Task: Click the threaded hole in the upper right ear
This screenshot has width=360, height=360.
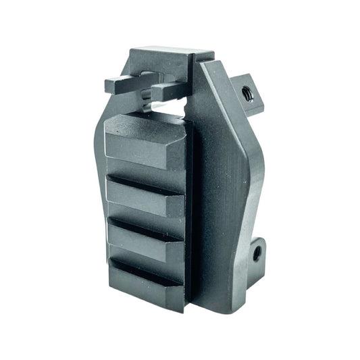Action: point(247,95)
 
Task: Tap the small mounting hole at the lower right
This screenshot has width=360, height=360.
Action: point(257,254)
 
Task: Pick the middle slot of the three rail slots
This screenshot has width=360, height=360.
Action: point(145,223)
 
